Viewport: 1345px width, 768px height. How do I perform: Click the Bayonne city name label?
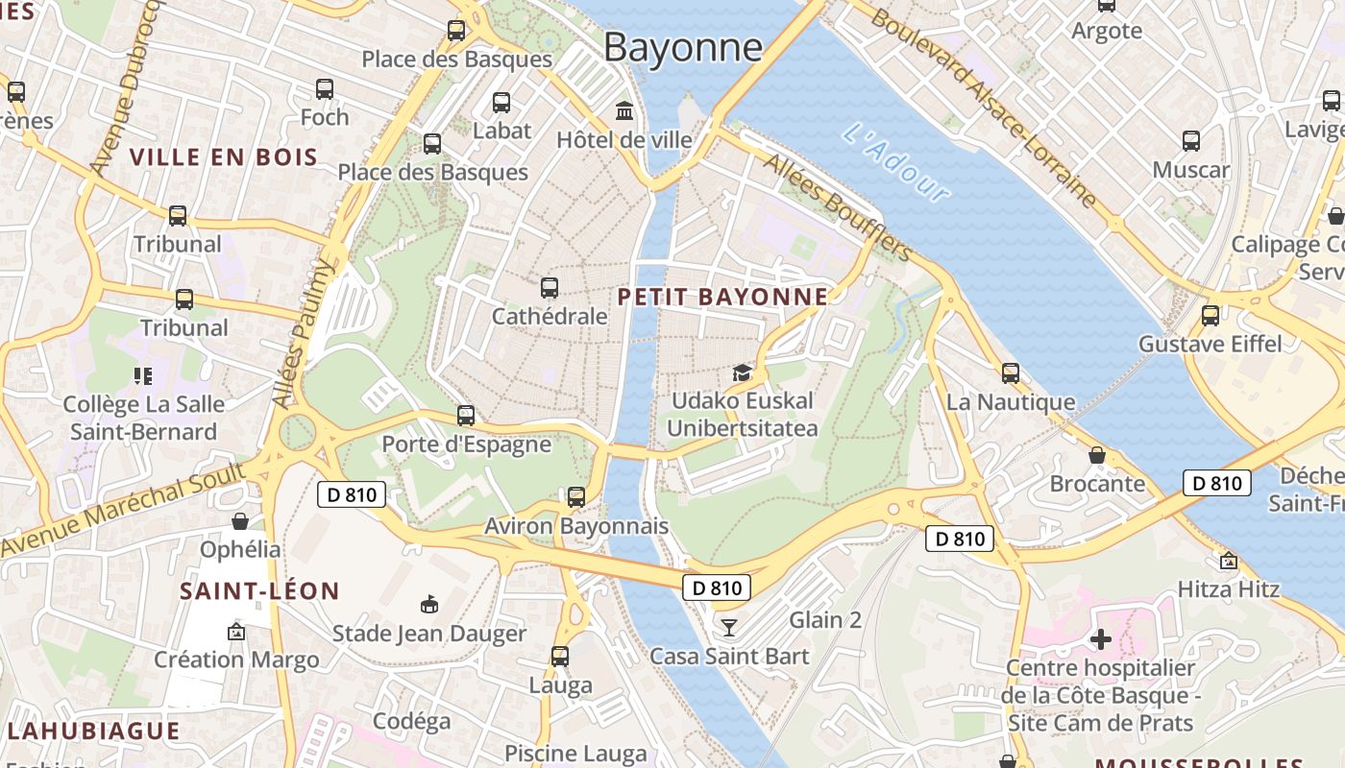point(683,46)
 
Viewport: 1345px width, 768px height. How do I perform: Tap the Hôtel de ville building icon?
point(624,111)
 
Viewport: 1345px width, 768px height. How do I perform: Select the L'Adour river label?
point(895,161)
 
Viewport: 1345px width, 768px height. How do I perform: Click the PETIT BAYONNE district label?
point(722,297)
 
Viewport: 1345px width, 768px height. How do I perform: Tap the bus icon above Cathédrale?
point(550,287)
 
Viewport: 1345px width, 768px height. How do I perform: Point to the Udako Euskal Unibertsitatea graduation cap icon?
point(741,372)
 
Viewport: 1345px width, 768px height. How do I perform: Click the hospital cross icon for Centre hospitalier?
point(1101,638)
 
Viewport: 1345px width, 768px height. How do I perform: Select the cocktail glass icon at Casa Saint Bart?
point(729,627)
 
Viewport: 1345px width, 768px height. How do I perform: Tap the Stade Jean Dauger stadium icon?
point(429,604)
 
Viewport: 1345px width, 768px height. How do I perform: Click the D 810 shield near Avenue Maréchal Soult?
point(351,494)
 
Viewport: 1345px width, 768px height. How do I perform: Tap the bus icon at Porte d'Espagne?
point(466,416)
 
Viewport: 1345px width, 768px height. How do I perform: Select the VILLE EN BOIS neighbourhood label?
point(224,157)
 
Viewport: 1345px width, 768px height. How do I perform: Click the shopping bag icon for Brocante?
point(1097,455)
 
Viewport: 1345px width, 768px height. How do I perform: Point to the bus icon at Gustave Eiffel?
point(1210,315)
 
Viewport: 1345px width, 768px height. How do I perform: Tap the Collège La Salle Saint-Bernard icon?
point(143,375)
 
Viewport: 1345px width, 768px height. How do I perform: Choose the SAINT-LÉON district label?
point(259,591)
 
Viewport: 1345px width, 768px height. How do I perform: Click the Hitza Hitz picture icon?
point(1228,561)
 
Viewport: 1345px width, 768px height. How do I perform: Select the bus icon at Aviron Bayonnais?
point(576,497)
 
